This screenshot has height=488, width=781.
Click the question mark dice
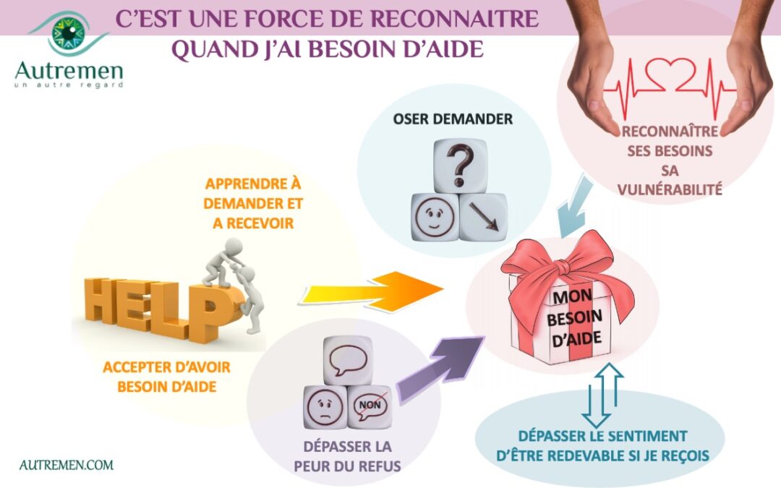(460, 166)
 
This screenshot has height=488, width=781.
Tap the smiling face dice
(435, 218)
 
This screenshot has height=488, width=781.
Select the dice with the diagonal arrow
(483, 218)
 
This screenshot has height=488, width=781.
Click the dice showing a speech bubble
(348, 360)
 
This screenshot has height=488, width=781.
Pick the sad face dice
(325, 407)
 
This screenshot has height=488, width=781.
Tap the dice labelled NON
(370, 407)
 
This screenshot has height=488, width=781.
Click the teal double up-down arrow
(602, 395)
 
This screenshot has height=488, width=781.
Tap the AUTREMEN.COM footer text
(67, 465)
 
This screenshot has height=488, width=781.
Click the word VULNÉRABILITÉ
(670, 189)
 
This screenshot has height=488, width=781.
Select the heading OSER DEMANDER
(453, 119)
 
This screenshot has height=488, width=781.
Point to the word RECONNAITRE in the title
(455, 18)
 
